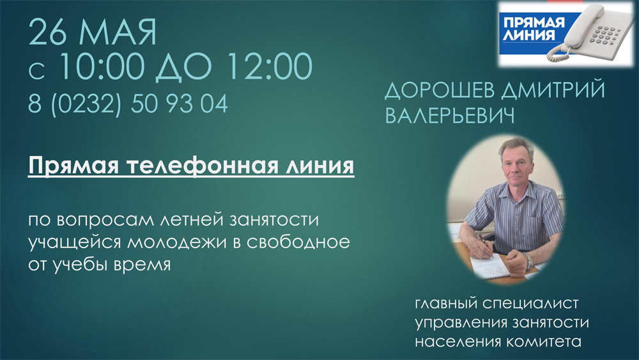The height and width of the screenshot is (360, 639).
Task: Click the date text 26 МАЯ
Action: [x=93, y=32]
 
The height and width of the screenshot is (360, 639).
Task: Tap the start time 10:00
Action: [x=102, y=67]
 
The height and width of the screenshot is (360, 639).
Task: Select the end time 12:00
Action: [x=270, y=67]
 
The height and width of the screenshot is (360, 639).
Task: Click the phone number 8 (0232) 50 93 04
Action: [x=128, y=104]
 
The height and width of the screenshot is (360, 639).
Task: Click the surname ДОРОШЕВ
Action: [x=438, y=90]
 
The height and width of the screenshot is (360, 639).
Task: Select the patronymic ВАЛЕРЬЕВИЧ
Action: [x=449, y=115]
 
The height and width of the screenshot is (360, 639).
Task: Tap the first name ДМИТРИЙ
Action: [x=553, y=90]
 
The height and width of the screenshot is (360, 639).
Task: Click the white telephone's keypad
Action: [x=606, y=35]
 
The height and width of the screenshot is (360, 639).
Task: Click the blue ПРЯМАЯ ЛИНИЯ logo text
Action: [x=534, y=29]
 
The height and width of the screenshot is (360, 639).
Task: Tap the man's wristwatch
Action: [x=528, y=260]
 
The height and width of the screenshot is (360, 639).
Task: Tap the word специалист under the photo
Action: [x=530, y=304]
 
